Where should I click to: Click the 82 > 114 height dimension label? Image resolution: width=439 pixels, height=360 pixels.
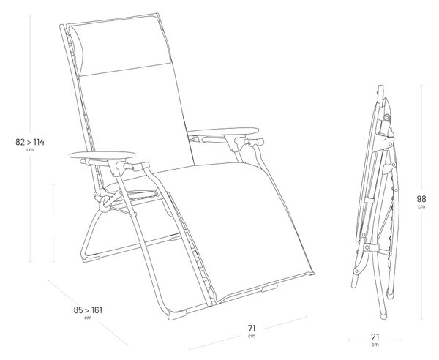[30, 142]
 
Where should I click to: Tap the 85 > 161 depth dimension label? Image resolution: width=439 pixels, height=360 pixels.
[88, 310]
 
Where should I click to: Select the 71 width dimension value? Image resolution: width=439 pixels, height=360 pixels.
[252, 328]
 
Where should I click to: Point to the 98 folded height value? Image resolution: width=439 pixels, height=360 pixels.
[421, 199]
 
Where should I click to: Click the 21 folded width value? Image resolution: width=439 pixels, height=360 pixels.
[375, 337]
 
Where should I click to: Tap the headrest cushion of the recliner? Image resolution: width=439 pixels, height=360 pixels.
[121, 46]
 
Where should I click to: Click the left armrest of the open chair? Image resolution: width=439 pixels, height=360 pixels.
[102, 154]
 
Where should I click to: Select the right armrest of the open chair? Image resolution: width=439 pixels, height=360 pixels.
[223, 131]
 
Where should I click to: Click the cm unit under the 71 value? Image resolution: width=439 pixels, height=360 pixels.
[252, 336]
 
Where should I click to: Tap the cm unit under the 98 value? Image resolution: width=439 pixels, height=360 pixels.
[421, 207]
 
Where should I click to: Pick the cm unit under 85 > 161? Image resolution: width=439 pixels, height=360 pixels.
[88, 318]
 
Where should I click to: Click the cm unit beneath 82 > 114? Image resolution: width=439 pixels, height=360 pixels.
[30, 150]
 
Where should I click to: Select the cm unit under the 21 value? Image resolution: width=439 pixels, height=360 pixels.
[375, 345]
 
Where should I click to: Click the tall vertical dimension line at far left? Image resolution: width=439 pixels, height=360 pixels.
[30, 139]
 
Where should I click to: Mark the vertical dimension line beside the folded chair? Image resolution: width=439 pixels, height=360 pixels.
[421, 202]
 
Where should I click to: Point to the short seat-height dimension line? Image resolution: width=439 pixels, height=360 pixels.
[53, 223]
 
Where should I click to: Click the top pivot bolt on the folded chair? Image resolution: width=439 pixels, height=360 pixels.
[387, 117]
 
